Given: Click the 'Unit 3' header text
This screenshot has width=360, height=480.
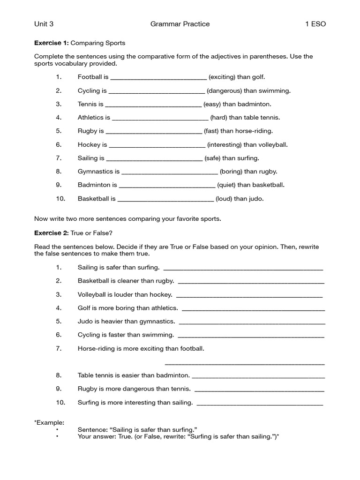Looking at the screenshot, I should tap(44, 24).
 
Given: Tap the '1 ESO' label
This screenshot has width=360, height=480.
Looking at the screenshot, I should tap(315, 24).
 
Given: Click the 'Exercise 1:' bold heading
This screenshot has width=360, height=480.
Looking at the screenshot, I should tap(52, 43).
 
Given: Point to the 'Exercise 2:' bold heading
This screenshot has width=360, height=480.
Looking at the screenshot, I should tap(52, 233).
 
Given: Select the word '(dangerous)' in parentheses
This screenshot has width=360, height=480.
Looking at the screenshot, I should tap(224, 90).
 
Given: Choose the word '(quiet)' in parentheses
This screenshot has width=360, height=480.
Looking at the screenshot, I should tap(226, 185).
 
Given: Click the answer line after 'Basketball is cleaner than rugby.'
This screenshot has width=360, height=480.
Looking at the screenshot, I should tap(251, 283).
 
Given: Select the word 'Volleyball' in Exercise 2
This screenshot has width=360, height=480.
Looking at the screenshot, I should tap(93, 295).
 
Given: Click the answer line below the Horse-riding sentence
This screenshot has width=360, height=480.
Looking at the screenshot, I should tap(245, 363).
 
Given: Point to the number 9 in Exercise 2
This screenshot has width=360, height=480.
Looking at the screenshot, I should tap(59, 389).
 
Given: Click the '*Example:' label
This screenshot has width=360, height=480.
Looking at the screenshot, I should tap(49, 422).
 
